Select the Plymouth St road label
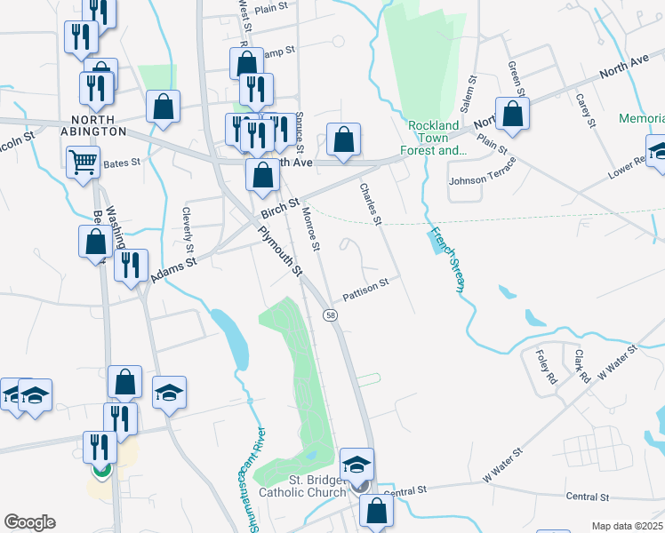click(282, 251)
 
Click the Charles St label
click(370, 203)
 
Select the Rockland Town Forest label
click(436, 138)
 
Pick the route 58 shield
click(330, 315)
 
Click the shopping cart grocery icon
click(83, 162)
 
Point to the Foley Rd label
click(546, 366)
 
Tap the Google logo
click(29, 522)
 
